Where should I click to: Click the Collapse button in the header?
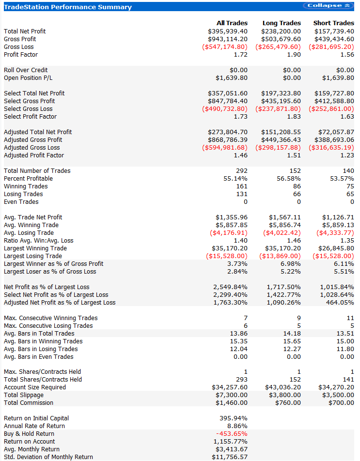coord(329,6)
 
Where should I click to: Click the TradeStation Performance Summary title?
coord(67,7)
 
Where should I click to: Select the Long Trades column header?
coord(282,23)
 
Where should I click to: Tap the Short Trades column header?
coord(333,23)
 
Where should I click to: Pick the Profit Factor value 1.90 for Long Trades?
coord(293,54)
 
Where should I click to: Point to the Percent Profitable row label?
coord(28,178)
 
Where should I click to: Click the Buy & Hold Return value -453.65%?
coord(232,433)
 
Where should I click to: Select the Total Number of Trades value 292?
coord(241,170)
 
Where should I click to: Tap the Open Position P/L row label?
coord(28,77)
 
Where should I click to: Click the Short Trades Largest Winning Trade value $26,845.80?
coord(336,248)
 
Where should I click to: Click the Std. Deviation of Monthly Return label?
coord(48,457)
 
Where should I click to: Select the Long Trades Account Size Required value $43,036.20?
coord(283,387)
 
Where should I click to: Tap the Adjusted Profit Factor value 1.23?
coord(347,155)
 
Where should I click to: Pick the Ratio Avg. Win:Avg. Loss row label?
coord(39,240)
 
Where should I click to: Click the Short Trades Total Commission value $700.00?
coord(341,402)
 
